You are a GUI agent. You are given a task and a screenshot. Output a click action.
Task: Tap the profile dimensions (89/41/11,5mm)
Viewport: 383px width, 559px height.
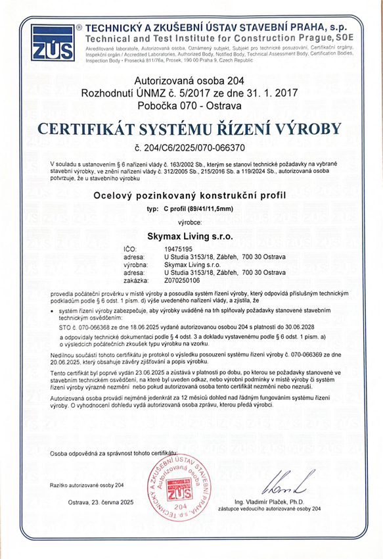204,208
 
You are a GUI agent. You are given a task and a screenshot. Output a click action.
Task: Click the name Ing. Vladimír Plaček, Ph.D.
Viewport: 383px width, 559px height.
283,501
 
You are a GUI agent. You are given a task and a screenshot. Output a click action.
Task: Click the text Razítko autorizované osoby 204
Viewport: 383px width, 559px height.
86,485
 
